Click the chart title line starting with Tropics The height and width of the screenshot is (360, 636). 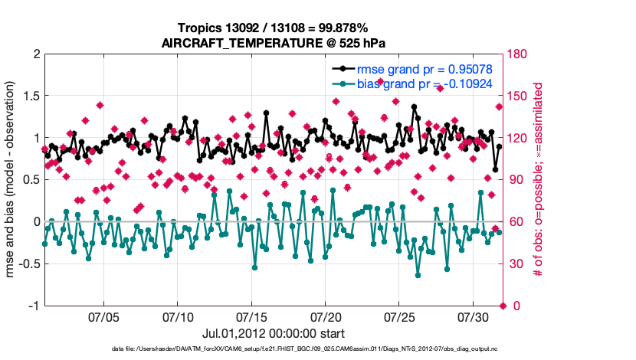[x=272, y=28]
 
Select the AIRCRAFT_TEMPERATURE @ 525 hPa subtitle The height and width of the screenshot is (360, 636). [x=272, y=43]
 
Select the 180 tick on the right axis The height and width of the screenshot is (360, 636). [x=517, y=54]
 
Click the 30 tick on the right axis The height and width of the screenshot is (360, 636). [x=514, y=264]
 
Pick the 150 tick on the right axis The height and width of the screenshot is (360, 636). [x=517, y=97]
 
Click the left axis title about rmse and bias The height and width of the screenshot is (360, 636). [x=13, y=180]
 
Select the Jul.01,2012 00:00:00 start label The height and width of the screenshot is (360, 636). [x=272, y=334]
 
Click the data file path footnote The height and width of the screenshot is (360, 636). [x=272, y=349]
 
